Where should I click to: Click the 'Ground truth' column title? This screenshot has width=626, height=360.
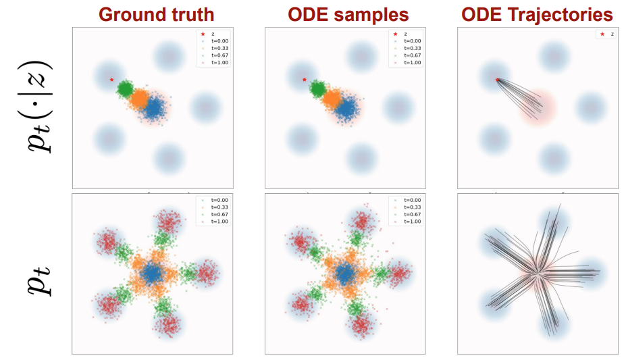pos(155,14)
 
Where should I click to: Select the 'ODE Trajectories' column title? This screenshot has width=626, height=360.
pos(538,14)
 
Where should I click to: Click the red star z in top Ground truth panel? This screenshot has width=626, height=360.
pos(112,80)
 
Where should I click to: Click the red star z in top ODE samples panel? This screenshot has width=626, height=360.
pos(305,80)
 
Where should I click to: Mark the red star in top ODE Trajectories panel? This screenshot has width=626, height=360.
pos(498,80)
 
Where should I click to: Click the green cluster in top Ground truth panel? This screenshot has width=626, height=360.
pos(125,88)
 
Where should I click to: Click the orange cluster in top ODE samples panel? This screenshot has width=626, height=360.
pos(332,99)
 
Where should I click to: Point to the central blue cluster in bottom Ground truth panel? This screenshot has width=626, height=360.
pos(153,273)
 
